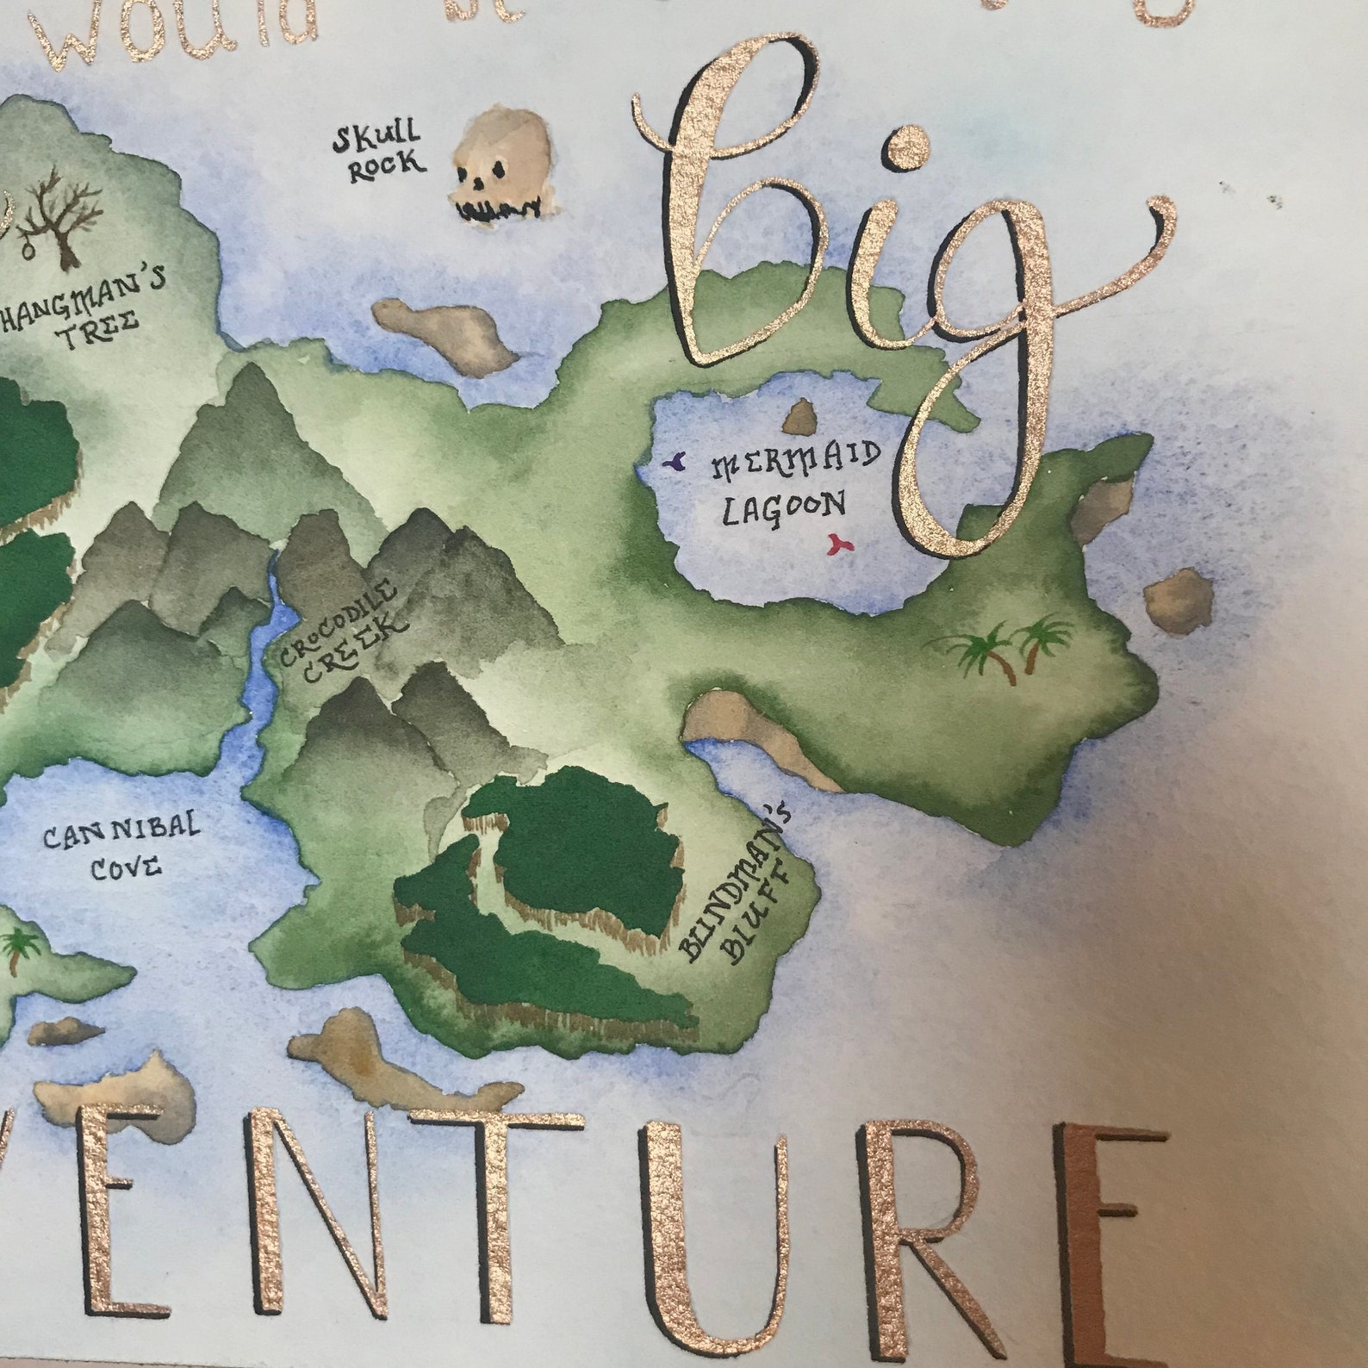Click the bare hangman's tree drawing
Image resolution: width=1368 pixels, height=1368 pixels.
point(60,219)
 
